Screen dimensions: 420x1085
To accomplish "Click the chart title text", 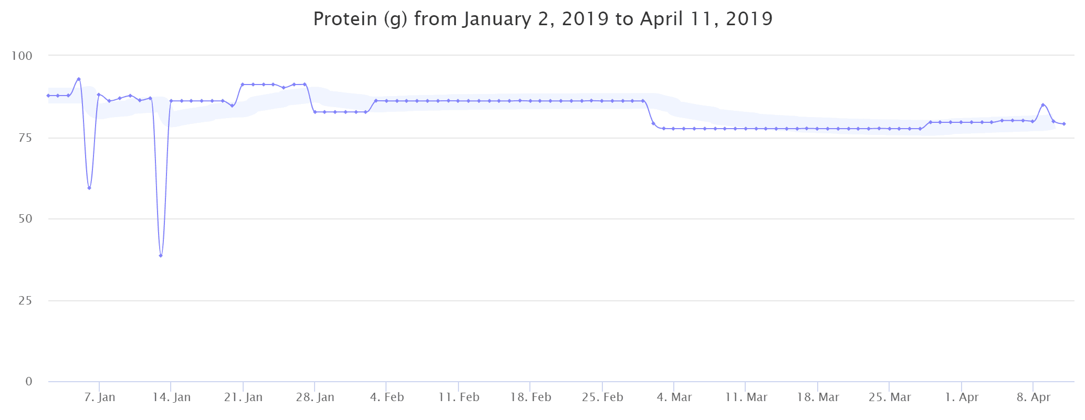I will click(x=542, y=19).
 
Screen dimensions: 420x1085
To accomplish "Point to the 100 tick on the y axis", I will click(x=22, y=56).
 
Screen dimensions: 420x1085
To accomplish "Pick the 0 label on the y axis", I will click(x=29, y=382).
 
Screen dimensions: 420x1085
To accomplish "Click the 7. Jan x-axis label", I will click(x=99, y=397).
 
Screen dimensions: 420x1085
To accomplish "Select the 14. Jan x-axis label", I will click(x=171, y=397).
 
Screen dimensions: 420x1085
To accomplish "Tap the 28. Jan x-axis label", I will click(x=315, y=397).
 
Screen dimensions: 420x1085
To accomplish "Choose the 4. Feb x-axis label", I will click(x=387, y=397).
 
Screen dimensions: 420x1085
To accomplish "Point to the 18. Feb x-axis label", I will click(x=530, y=397).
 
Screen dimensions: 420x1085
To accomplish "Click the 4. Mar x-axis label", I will click(x=674, y=397).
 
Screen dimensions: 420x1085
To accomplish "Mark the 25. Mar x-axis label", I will click(x=889, y=397).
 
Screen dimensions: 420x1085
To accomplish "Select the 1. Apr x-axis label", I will click(x=961, y=397).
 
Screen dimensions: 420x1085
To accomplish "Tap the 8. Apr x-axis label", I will click(x=1033, y=397).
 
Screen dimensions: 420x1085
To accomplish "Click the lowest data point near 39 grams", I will click(x=161, y=256).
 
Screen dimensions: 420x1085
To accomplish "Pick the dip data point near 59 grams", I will click(x=89, y=188).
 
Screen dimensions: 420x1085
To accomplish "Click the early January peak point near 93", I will click(x=79, y=79).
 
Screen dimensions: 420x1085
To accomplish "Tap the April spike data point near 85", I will click(x=1043, y=105).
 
